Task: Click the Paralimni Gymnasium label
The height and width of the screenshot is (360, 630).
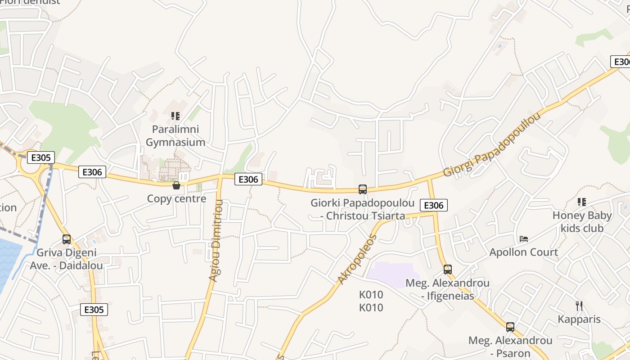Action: coord(175,136)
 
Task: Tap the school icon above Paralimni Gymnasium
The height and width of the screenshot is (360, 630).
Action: coord(175,116)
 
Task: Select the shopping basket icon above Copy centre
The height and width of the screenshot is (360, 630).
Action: coord(176,185)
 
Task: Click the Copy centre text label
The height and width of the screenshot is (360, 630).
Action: coord(176,198)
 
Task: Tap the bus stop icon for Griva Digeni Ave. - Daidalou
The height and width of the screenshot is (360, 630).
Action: coord(67,239)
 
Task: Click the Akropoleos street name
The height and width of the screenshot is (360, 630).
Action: coord(356,259)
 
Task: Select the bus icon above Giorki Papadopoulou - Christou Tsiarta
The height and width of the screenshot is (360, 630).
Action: coord(363,189)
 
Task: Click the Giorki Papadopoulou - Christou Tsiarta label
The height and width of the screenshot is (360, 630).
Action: coord(362,209)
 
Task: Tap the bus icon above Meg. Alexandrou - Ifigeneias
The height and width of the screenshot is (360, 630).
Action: coord(448,269)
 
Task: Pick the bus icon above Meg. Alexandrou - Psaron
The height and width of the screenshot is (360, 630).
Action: coord(510,327)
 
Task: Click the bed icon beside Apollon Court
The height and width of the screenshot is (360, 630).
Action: coord(523,238)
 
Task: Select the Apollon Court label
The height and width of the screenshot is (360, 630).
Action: coord(524,252)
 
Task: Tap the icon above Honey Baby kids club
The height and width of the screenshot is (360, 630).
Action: coord(581,202)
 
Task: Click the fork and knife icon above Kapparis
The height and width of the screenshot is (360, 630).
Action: coord(579,306)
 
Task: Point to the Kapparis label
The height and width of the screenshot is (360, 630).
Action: coord(579,319)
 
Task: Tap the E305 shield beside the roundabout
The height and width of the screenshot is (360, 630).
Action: coord(40,157)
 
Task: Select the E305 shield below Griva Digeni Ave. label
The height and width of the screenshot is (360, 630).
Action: coord(94,310)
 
